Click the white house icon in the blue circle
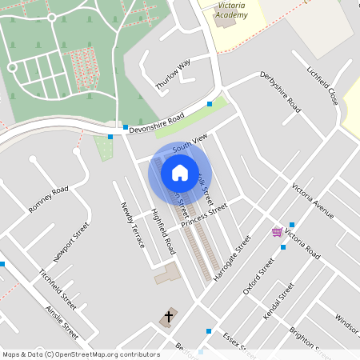(x=180, y=172)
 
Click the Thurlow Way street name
(x=173, y=74)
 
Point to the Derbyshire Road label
(x=280, y=91)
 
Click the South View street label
(x=190, y=142)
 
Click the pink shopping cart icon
(x=277, y=231)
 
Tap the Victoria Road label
(x=302, y=245)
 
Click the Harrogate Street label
(x=234, y=253)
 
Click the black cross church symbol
(x=168, y=317)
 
